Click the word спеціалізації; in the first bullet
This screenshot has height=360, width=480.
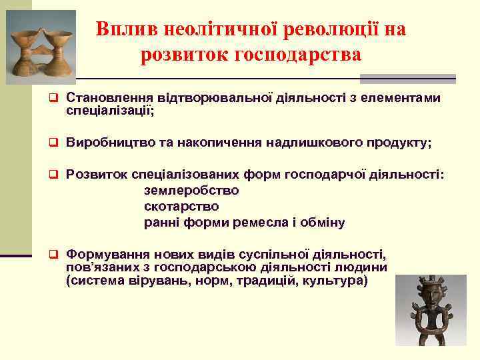pyautogui.click(x=110, y=111)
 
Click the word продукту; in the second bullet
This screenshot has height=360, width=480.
pyautogui.click(x=396, y=143)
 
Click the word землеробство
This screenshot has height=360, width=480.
pyautogui.click(x=191, y=190)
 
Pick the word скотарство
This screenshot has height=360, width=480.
pyautogui.click(x=181, y=206)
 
